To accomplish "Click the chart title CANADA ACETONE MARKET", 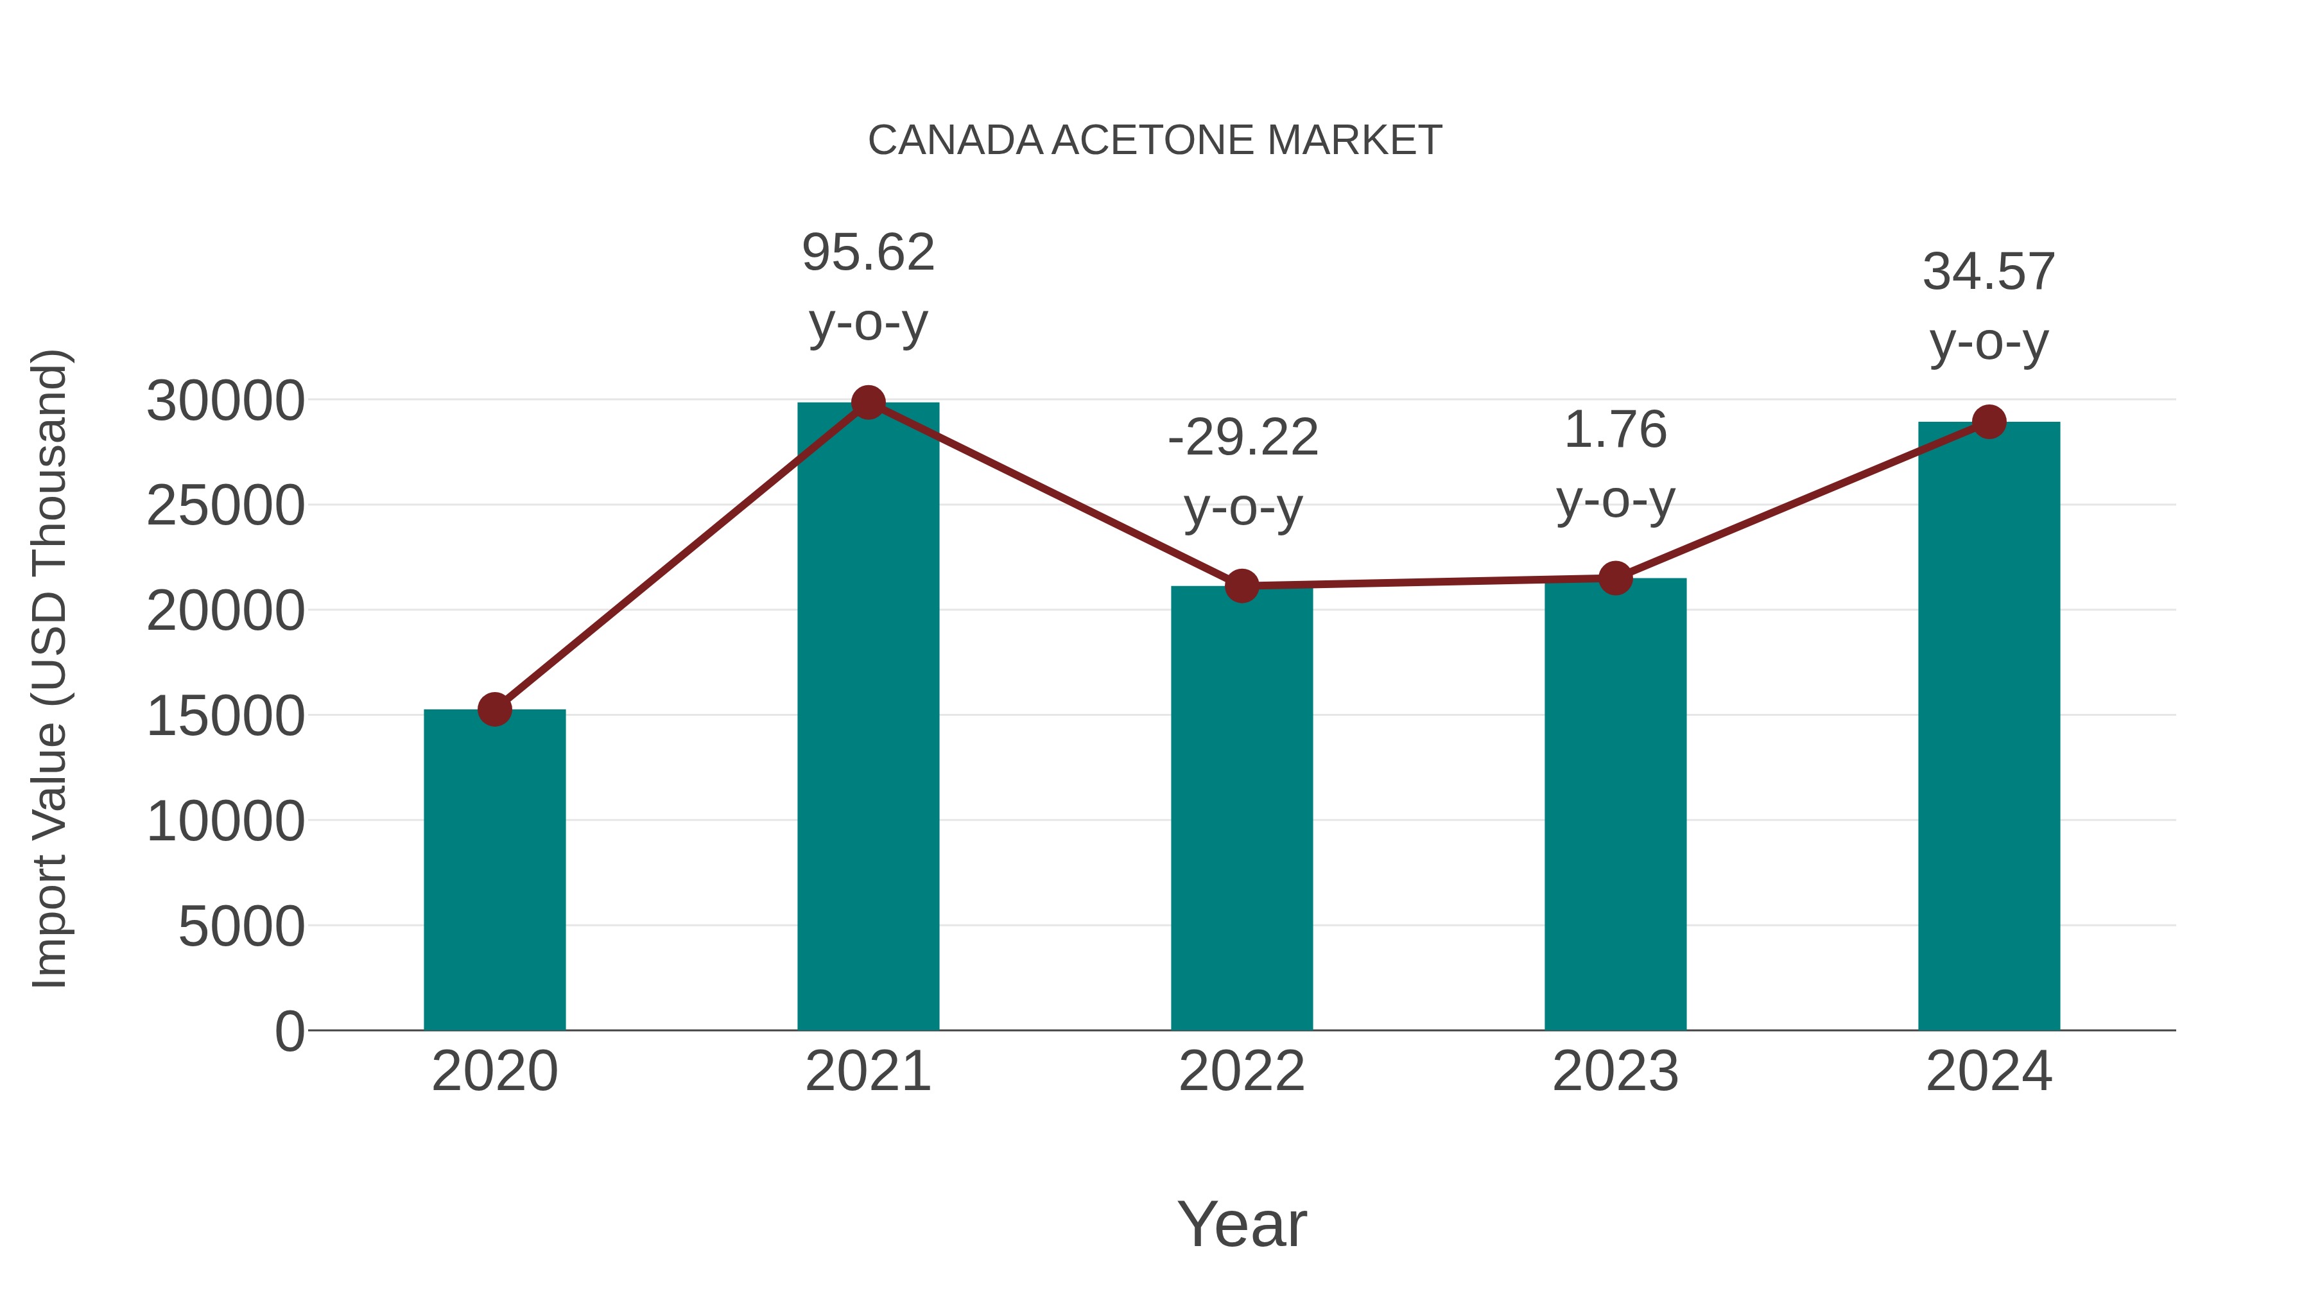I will tap(1155, 141).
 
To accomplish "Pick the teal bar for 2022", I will tap(1242, 808).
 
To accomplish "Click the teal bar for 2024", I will tap(1989, 726).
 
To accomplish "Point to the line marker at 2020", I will tap(494, 709).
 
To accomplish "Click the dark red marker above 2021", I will tap(867, 403).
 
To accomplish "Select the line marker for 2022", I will tap(1242, 586).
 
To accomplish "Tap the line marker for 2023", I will tap(1615, 578).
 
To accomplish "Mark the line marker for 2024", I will tap(1989, 422).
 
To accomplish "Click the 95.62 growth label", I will tap(867, 253).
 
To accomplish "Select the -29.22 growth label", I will tap(1243, 438).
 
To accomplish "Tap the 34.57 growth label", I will tap(1989, 272).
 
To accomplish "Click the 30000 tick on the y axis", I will tap(225, 401).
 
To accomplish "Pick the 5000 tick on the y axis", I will tap(241, 927).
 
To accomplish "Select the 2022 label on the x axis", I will tap(1242, 1071).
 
